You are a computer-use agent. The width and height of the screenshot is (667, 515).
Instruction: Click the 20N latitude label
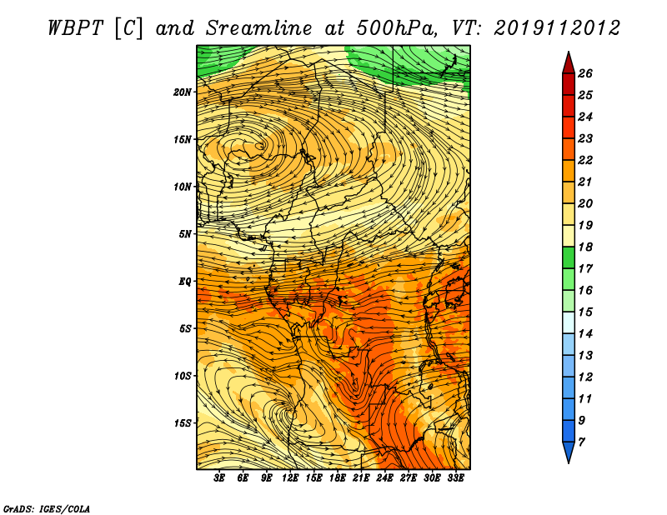(182, 92)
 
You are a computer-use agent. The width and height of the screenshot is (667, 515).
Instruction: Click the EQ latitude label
(184, 282)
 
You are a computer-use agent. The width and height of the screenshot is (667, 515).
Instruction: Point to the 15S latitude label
(182, 423)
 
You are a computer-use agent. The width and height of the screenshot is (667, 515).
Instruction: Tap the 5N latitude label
(184, 234)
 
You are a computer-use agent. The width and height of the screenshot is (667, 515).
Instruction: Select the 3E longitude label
(219, 478)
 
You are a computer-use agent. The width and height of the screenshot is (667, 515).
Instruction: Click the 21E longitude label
(361, 478)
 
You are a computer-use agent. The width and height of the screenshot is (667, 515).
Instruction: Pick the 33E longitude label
(455, 478)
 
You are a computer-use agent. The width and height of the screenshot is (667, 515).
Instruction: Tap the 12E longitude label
(289, 478)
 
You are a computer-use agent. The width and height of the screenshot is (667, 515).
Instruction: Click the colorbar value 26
(585, 73)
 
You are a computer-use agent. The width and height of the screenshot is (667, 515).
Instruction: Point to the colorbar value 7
(581, 442)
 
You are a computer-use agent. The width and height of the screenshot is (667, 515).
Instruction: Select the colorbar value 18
(585, 247)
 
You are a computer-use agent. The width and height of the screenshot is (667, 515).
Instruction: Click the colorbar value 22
(585, 160)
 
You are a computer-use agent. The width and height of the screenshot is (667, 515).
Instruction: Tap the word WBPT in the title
(76, 28)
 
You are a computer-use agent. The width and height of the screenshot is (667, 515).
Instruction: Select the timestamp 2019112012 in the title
(557, 28)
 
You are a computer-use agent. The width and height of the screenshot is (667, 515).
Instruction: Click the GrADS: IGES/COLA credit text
(47, 508)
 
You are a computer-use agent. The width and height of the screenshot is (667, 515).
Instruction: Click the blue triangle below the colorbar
(569, 451)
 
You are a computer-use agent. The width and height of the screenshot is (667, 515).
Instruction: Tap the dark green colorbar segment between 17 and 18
(569, 257)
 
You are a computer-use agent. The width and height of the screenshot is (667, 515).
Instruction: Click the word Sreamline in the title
(259, 28)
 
